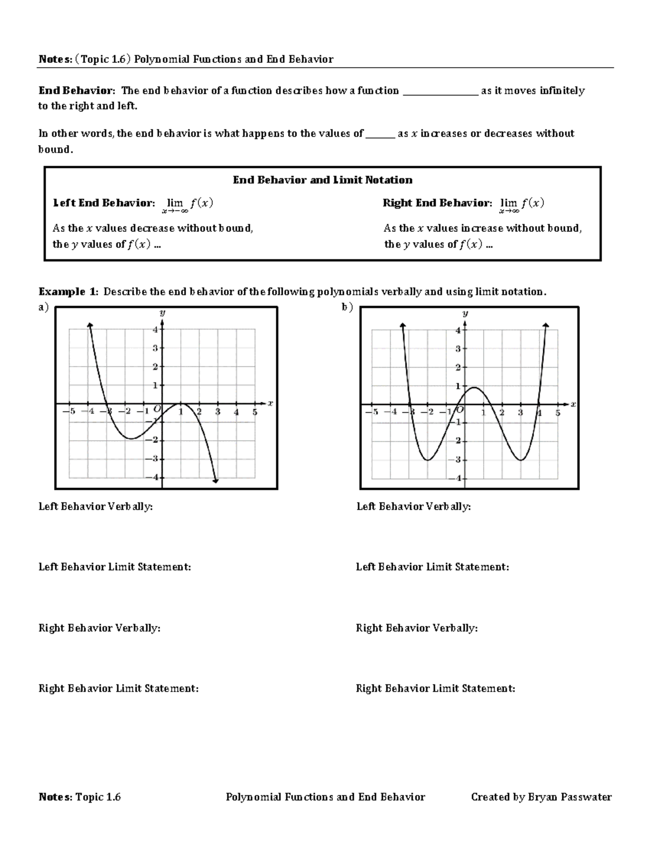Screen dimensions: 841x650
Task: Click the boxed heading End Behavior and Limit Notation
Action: tap(322, 180)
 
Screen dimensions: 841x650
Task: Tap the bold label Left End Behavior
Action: tap(103, 203)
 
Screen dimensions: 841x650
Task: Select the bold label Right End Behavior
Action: tap(437, 203)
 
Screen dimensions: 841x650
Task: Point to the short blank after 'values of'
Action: tap(380, 134)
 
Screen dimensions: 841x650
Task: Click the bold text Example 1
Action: tap(69, 292)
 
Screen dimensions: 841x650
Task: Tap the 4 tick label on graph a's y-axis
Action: tap(155, 329)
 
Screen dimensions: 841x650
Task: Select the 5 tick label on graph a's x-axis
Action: tap(255, 412)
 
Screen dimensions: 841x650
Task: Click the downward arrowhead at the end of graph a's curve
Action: tap(216, 480)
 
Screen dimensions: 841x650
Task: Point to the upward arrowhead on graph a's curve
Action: tap(89, 324)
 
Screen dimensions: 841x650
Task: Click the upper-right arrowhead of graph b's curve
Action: tap(546, 324)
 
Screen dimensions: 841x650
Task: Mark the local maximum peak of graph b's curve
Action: tap(474, 387)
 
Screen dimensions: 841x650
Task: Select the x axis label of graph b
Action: tap(573, 404)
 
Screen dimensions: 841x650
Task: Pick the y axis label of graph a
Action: tap(162, 313)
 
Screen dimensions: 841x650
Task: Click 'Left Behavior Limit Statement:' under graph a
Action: tap(114, 567)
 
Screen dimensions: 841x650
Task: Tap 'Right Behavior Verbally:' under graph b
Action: tap(417, 628)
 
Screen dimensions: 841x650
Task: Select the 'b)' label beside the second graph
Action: tap(347, 307)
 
